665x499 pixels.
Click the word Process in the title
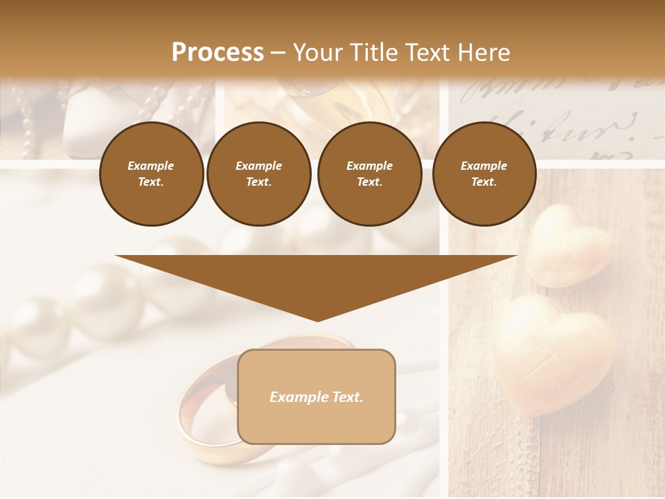[x=218, y=53]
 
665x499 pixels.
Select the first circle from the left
[x=151, y=174]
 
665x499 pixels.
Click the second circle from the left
[x=258, y=174]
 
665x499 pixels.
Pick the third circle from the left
[x=369, y=174]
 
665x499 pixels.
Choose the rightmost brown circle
[x=484, y=174]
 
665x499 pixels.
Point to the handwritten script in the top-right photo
[x=554, y=118]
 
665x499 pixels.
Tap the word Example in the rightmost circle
[x=484, y=166]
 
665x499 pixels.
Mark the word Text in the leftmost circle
[x=151, y=182]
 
